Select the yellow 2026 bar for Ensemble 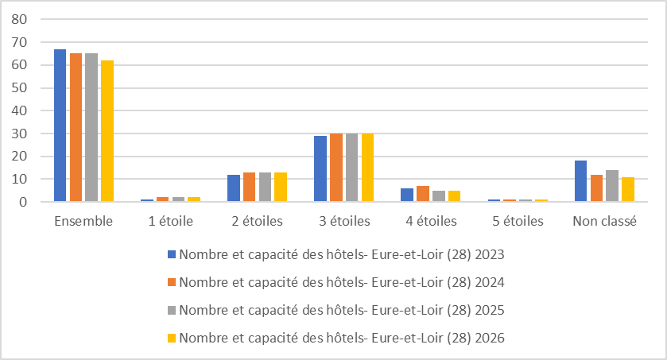tap(107, 131)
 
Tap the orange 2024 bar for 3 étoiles tap(335, 168)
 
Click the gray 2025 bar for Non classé tap(611, 186)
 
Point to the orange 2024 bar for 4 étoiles tap(422, 194)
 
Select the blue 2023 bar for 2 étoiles tap(233, 188)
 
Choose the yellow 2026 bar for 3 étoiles tap(367, 168)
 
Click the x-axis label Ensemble tap(83, 222)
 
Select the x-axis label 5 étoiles tap(517, 222)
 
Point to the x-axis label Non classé tap(604, 222)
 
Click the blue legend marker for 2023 tap(171, 255)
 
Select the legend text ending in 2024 tap(342, 282)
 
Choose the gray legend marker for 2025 tap(171, 310)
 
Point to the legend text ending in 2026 tap(342, 338)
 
